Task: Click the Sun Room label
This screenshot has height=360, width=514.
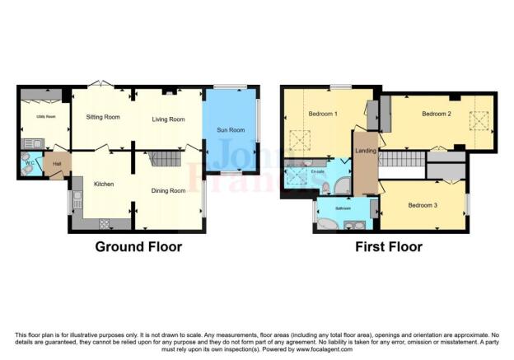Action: [230, 130]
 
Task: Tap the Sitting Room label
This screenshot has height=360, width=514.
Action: [103, 117]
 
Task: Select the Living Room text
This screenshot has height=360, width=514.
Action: [168, 119]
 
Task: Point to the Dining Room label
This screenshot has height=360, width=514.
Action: [168, 191]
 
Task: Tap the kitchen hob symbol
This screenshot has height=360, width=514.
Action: [105, 222]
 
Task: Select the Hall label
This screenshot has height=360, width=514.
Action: [57, 164]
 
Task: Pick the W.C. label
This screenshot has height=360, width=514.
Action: [30, 163]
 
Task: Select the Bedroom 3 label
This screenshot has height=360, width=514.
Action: [423, 203]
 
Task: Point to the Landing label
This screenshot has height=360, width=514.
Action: [365, 161]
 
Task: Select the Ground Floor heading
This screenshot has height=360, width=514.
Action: [138, 246]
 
